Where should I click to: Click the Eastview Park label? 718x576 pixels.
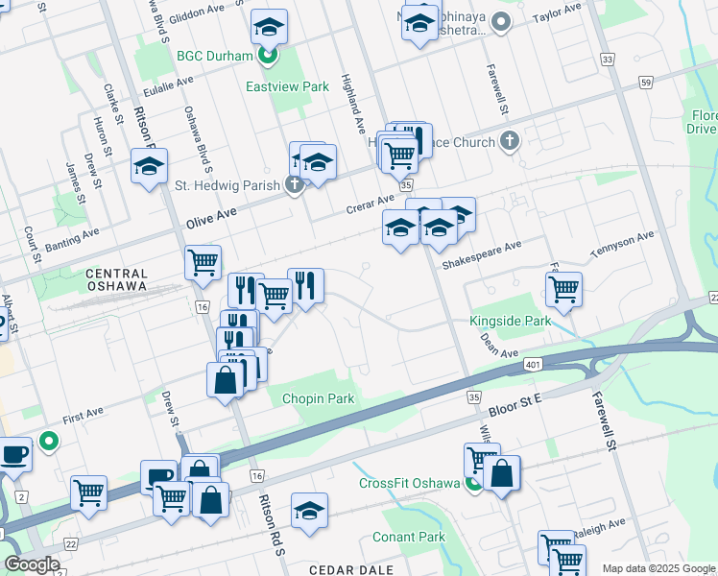pos(287,86)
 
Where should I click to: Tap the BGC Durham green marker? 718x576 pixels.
pos(270,56)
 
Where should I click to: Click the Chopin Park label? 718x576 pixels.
pos(318,398)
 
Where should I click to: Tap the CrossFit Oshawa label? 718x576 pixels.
pos(410,482)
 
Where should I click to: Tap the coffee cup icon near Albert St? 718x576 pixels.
pos(14,452)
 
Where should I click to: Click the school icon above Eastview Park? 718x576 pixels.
pos(270,27)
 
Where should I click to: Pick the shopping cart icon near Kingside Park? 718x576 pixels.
pos(563,287)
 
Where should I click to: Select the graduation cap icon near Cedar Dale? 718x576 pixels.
pos(309,510)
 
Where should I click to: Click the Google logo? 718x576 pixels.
pos(33,564)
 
